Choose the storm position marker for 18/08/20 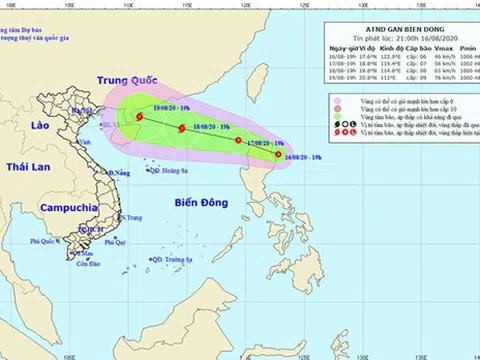(181, 128)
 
